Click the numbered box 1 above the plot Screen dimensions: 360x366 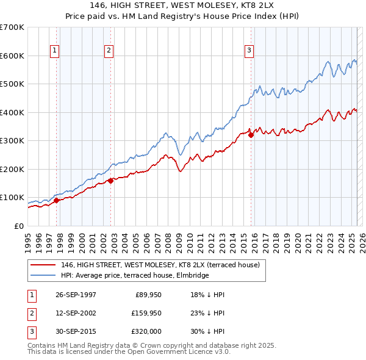pyautogui.click(x=55, y=51)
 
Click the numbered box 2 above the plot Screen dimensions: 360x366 pyautogui.click(x=109, y=51)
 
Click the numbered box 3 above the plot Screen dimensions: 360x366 pyautogui.click(x=249, y=51)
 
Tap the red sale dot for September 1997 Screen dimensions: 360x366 pyautogui.click(x=57, y=200)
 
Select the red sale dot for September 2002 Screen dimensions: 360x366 pyautogui.click(x=110, y=181)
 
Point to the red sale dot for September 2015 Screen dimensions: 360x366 pyautogui.click(x=251, y=135)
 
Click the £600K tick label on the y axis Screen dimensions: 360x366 pyautogui.click(x=12, y=56)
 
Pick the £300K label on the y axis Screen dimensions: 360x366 pyautogui.click(x=12, y=140)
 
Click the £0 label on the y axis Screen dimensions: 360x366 pyautogui.click(x=19, y=226)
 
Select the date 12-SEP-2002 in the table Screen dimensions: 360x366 pyautogui.click(x=79, y=314)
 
